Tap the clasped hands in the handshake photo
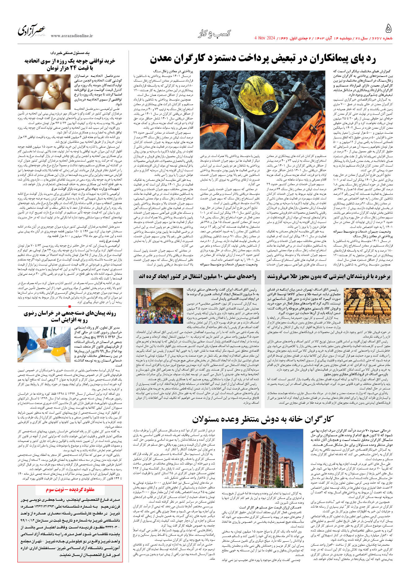[43, 341]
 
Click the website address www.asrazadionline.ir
[72, 36]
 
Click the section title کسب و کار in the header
[214, 33]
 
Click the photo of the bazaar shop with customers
[160, 306]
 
